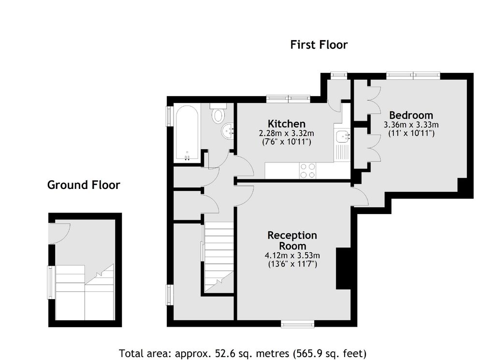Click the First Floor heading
click(319, 45)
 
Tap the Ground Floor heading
click(84, 185)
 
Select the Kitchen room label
click(287, 123)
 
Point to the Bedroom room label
click(411, 115)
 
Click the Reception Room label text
click(292, 241)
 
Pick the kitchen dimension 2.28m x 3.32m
click(287, 133)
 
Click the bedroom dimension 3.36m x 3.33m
click(411, 125)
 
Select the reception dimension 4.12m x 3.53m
click(292, 255)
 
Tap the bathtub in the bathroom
click(187, 134)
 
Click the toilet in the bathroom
click(218, 114)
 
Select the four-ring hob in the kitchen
click(307, 171)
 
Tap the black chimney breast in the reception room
click(344, 269)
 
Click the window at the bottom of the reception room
click(298, 324)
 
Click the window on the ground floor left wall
click(50, 282)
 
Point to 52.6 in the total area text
click(223, 353)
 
